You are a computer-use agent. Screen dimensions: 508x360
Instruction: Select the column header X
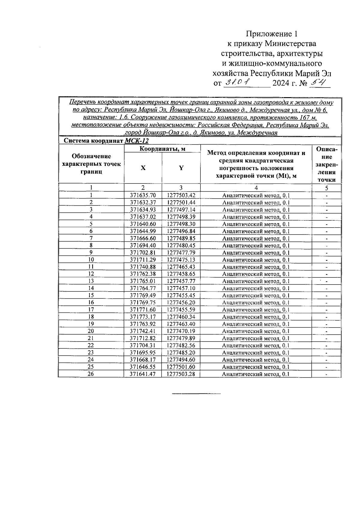pyautogui.click(x=143, y=168)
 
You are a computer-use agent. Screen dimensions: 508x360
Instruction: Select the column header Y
pyautogui.click(x=181, y=168)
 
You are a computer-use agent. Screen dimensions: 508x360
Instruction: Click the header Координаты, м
pyautogui.click(x=162, y=149)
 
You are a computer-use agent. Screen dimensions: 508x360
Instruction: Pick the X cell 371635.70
pyautogui.click(x=143, y=196)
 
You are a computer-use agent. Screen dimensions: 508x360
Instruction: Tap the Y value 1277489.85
pyautogui.click(x=181, y=238)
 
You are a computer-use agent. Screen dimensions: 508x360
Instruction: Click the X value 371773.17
pyautogui.click(x=143, y=317)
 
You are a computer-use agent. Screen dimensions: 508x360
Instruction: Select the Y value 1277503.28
pyautogui.click(x=181, y=374)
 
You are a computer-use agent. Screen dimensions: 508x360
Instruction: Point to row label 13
pyautogui.click(x=91, y=281)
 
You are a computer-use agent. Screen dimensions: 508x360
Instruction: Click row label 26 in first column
pyautogui.click(x=91, y=374)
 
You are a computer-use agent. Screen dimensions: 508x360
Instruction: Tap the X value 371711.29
pyautogui.click(x=143, y=260)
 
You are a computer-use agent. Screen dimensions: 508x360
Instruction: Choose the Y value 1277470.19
pyautogui.click(x=181, y=331)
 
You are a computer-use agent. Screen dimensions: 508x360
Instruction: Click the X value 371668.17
pyautogui.click(x=143, y=360)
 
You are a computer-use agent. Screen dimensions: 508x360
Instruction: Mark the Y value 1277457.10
pyautogui.click(x=181, y=288)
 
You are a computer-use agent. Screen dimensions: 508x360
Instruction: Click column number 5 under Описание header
pyautogui.click(x=326, y=188)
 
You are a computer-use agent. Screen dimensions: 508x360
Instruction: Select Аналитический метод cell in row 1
pyautogui.click(x=256, y=196)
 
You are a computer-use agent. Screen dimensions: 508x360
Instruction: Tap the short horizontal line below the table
pyautogui.click(x=196, y=393)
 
